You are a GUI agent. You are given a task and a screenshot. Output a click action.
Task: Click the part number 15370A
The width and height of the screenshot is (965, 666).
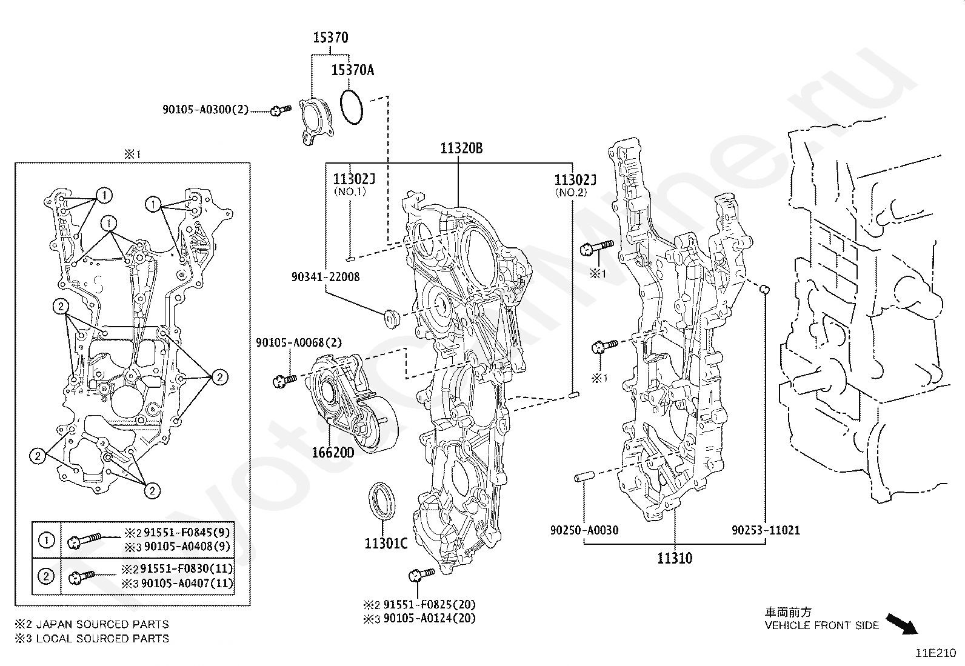click(352, 70)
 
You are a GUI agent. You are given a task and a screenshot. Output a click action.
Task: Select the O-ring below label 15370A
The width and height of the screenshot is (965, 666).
click(352, 107)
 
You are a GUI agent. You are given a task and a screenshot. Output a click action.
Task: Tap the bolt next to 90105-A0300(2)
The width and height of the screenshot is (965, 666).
click(281, 111)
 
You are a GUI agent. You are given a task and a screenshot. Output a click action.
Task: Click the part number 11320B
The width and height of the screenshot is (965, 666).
click(461, 148)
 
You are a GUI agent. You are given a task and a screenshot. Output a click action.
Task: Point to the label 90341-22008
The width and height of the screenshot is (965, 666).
click(326, 276)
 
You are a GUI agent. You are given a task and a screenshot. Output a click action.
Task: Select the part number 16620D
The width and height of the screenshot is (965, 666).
click(333, 452)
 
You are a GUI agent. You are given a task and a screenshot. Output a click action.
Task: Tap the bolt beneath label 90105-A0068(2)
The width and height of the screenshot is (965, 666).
click(285, 381)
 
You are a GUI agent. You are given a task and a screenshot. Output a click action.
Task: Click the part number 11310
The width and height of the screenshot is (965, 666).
click(675, 558)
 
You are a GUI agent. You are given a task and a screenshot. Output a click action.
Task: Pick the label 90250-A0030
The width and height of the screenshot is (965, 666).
click(584, 530)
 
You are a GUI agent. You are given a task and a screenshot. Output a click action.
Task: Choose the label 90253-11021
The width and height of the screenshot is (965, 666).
click(766, 530)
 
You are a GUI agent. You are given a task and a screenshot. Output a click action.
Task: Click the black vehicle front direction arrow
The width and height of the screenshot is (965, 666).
click(902, 624)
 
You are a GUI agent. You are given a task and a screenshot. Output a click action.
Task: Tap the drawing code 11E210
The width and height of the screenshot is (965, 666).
click(936, 653)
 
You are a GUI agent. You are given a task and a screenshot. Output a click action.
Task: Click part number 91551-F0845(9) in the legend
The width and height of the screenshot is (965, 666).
click(187, 533)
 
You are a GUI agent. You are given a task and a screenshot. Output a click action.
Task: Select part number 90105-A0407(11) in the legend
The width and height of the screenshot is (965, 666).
click(187, 584)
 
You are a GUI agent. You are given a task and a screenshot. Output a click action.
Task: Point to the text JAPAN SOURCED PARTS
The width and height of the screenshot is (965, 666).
click(102, 624)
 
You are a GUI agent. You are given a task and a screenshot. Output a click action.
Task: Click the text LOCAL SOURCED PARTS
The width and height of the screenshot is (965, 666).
click(102, 639)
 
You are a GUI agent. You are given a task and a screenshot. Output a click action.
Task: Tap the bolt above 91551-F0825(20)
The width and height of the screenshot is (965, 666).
click(421, 574)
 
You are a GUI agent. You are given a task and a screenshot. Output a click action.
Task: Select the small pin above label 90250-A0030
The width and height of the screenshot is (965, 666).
click(584, 476)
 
